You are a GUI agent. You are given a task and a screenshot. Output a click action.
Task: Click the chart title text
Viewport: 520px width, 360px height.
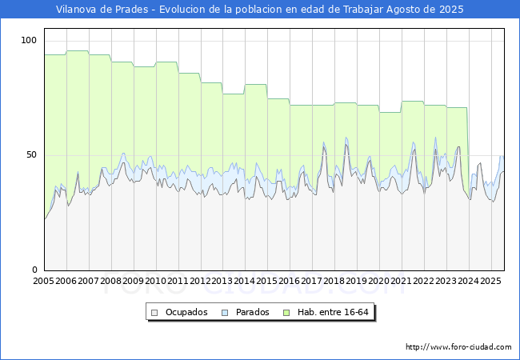coord(260,10)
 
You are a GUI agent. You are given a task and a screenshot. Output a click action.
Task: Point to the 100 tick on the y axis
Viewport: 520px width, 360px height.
coord(30,40)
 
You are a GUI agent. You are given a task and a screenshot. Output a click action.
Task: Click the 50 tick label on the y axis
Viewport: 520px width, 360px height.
coord(32,154)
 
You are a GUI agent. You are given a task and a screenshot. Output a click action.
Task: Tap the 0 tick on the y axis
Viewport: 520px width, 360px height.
coord(35,270)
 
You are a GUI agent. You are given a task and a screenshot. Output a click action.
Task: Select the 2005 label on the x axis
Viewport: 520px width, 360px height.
coord(44,281)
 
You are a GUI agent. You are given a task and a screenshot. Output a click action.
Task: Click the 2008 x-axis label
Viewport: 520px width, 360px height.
coord(111,281)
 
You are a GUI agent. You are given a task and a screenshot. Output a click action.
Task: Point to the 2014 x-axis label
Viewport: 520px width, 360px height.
coord(245,281)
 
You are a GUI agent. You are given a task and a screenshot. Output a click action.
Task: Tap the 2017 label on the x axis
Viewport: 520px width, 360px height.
coord(312,281)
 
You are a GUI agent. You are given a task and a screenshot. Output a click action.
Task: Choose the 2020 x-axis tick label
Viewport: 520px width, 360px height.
coord(379,281)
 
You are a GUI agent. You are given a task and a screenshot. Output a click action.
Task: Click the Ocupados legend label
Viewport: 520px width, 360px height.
coord(186,312)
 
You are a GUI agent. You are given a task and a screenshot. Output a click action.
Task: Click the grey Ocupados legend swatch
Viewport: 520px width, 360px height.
coord(155,312)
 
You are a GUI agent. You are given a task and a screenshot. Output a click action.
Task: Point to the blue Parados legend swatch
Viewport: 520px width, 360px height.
coord(226,312)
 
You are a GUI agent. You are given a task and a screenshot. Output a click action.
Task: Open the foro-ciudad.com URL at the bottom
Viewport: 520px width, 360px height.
coord(458,347)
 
